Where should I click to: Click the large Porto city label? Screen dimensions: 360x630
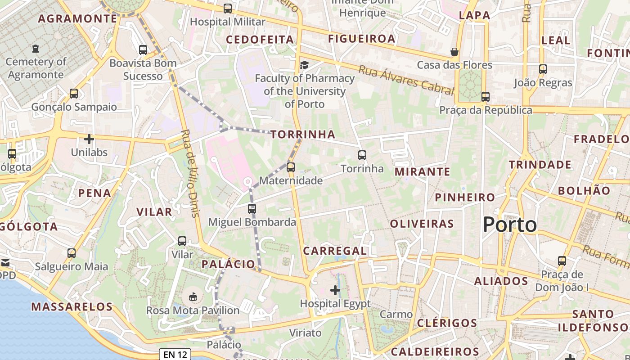click(510, 225)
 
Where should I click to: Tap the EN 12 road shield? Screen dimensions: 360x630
click(175, 355)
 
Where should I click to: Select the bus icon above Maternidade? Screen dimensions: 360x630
click(291, 167)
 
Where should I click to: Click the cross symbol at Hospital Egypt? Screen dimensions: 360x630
click(335, 290)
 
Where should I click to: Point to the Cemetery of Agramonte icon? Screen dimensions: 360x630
click(36, 48)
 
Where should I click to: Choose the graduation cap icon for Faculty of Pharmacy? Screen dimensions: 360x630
click(304, 65)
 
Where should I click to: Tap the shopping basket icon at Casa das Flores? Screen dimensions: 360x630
click(454, 52)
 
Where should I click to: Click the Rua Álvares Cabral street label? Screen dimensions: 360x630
click(406, 80)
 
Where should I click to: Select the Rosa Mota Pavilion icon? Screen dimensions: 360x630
click(193, 297)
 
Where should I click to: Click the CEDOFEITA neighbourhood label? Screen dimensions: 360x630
click(260, 40)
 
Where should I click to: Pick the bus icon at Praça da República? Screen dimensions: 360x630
click(485, 96)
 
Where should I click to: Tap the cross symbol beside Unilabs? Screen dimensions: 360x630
click(89, 139)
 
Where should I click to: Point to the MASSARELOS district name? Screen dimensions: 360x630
click(72, 307)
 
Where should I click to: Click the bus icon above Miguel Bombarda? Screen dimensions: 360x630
click(252, 209)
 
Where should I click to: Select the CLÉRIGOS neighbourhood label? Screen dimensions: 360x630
click(447, 323)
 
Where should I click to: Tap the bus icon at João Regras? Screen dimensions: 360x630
click(543, 69)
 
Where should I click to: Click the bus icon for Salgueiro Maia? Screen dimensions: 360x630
click(72, 253)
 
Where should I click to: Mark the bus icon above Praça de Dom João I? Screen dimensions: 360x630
click(562, 261)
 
